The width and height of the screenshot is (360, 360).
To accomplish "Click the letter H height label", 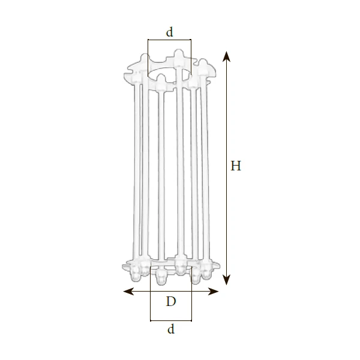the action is (x=236, y=166).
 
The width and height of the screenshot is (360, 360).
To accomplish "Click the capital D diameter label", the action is (x=171, y=301).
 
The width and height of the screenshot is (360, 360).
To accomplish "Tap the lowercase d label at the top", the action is (x=169, y=32).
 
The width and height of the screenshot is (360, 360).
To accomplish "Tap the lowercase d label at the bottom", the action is (x=171, y=329).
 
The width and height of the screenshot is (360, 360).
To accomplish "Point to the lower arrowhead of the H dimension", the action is (x=227, y=280).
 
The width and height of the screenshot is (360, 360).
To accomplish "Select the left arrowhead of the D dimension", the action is (x=128, y=292).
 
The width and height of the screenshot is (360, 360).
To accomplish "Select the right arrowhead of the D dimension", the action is (x=213, y=292).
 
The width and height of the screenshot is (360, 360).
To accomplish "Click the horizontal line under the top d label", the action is (x=169, y=40).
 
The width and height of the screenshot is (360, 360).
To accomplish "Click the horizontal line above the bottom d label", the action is (x=171, y=320).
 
